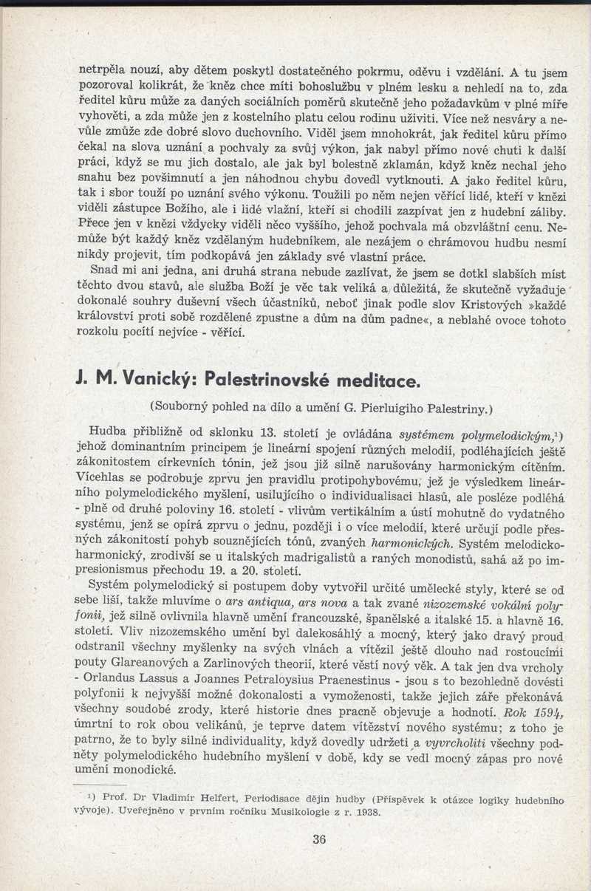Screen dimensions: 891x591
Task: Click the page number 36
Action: click(318, 838)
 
